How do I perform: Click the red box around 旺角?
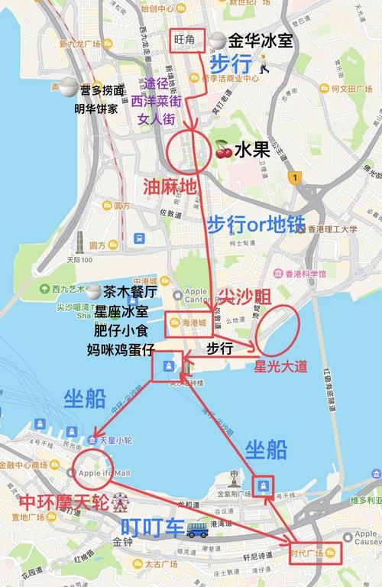[x=186, y=41]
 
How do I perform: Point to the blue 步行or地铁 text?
[x=255, y=225]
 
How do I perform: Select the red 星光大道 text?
[x=280, y=367]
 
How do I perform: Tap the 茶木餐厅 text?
[x=131, y=292]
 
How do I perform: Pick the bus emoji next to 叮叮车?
[x=197, y=527]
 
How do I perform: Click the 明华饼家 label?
[x=95, y=108]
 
